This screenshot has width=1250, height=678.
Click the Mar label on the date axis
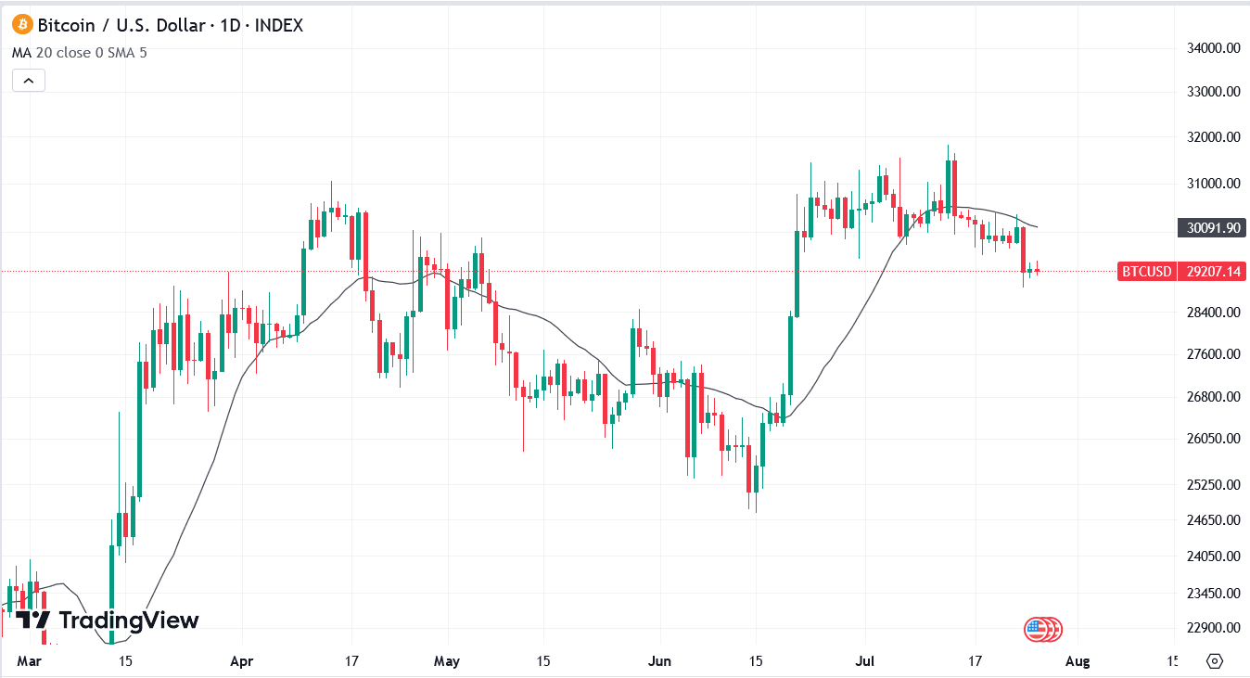point(30,661)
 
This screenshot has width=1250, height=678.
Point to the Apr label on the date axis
point(241,661)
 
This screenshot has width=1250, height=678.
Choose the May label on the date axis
point(447,661)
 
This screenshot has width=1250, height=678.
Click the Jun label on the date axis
point(659,661)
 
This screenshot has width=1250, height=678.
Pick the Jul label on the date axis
point(865,661)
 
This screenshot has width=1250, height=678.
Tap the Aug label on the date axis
point(1077,661)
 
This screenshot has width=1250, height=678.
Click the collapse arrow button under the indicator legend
point(29,81)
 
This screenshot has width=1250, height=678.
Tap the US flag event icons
point(1043,630)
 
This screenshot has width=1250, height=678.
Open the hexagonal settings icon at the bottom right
point(1215,661)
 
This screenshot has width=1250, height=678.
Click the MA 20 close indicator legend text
point(79,52)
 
